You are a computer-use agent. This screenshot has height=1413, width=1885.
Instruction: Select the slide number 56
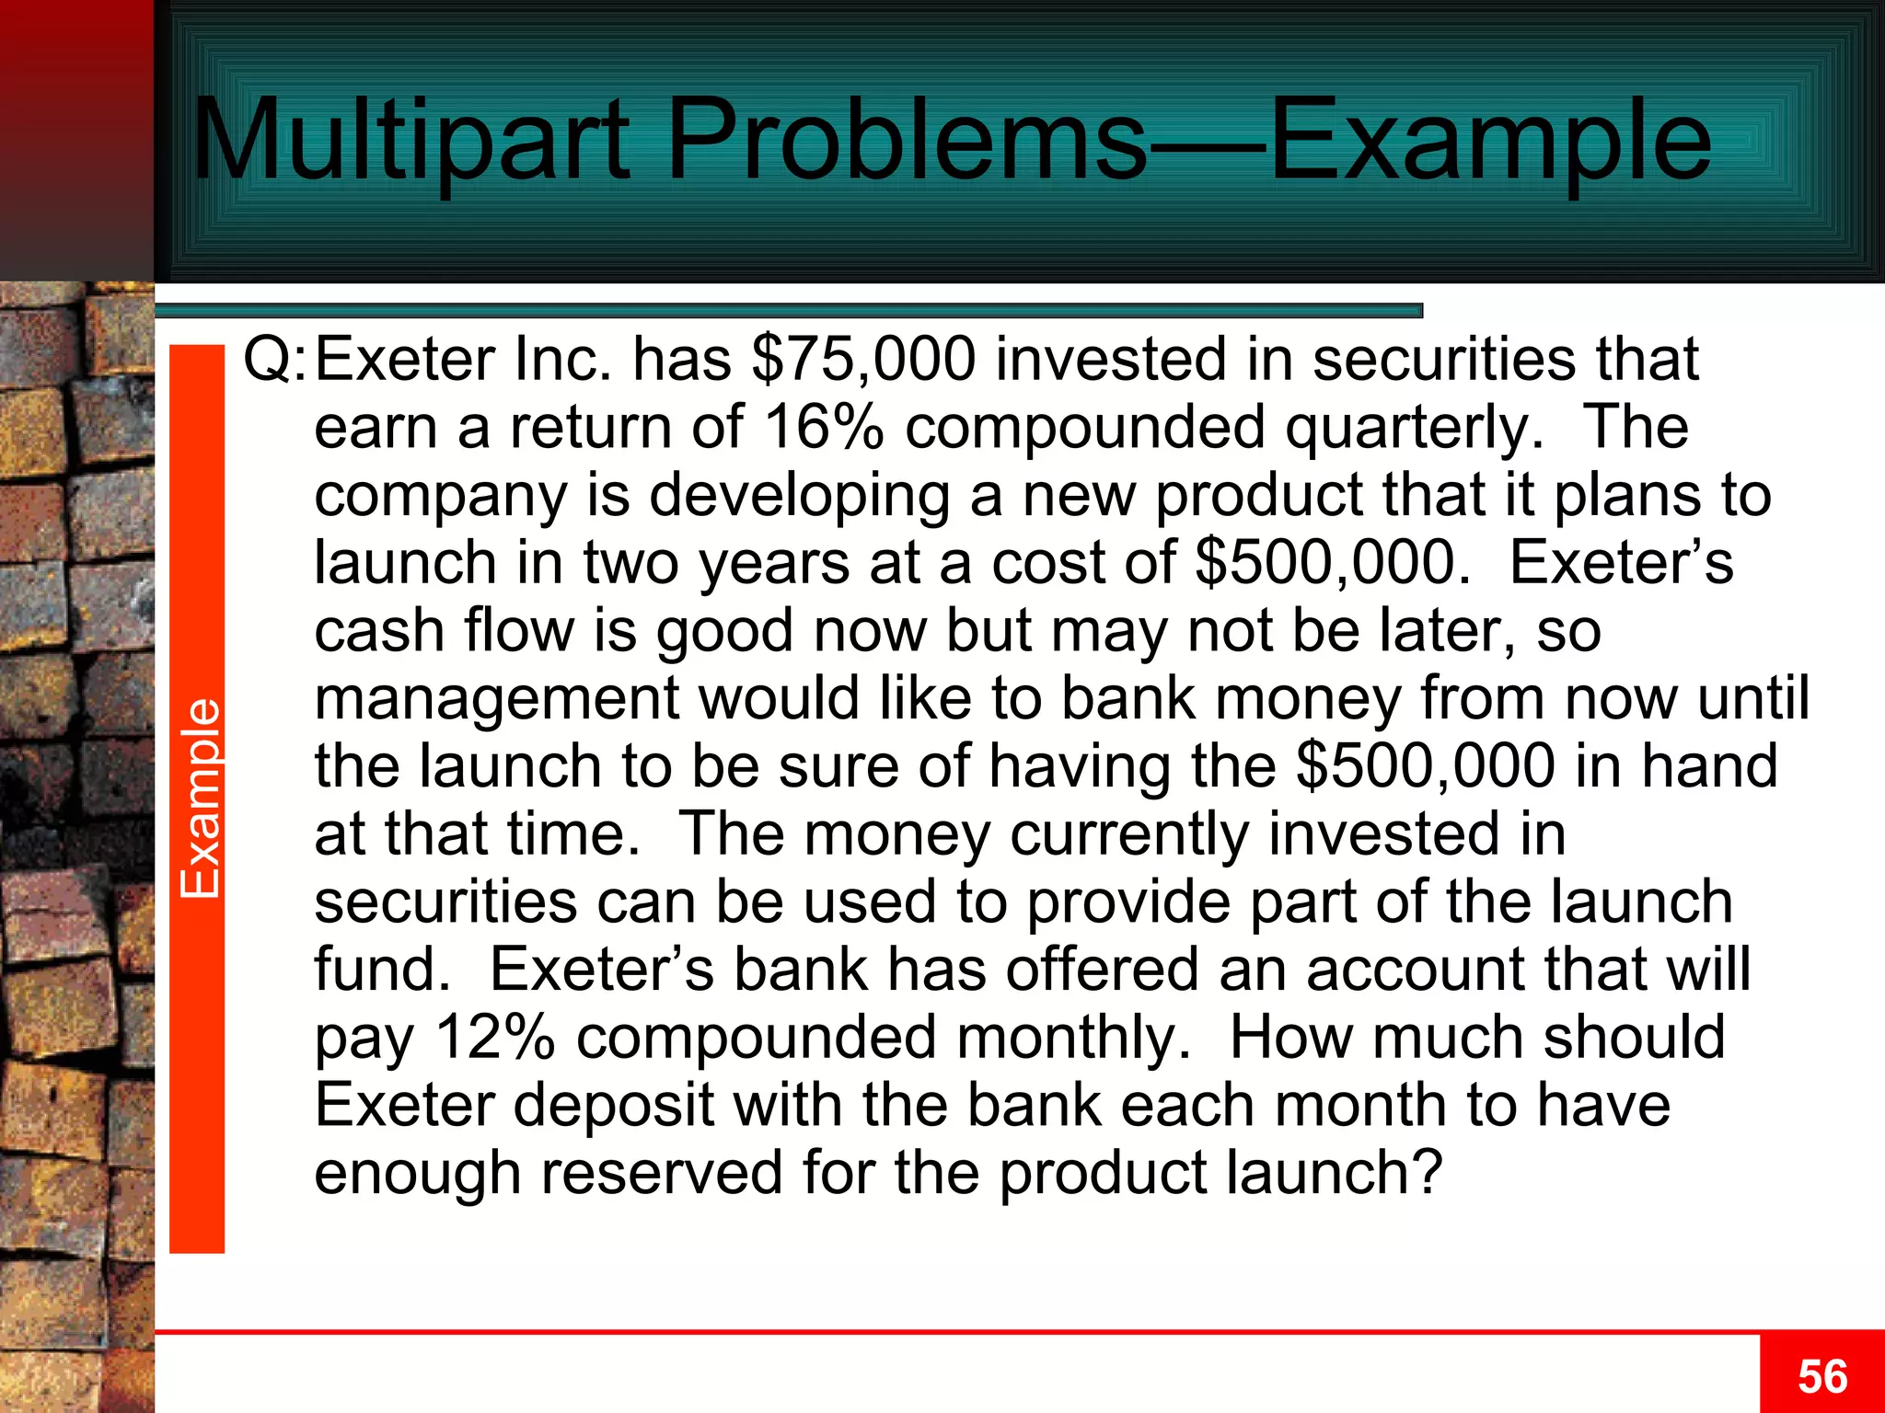(x=1822, y=1377)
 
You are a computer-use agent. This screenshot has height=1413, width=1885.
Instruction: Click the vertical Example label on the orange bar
(x=199, y=798)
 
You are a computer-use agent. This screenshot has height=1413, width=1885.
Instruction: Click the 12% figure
(x=495, y=1038)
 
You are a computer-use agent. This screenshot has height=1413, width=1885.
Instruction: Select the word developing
(x=800, y=497)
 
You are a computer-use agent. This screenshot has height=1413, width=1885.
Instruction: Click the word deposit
(x=614, y=1106)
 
